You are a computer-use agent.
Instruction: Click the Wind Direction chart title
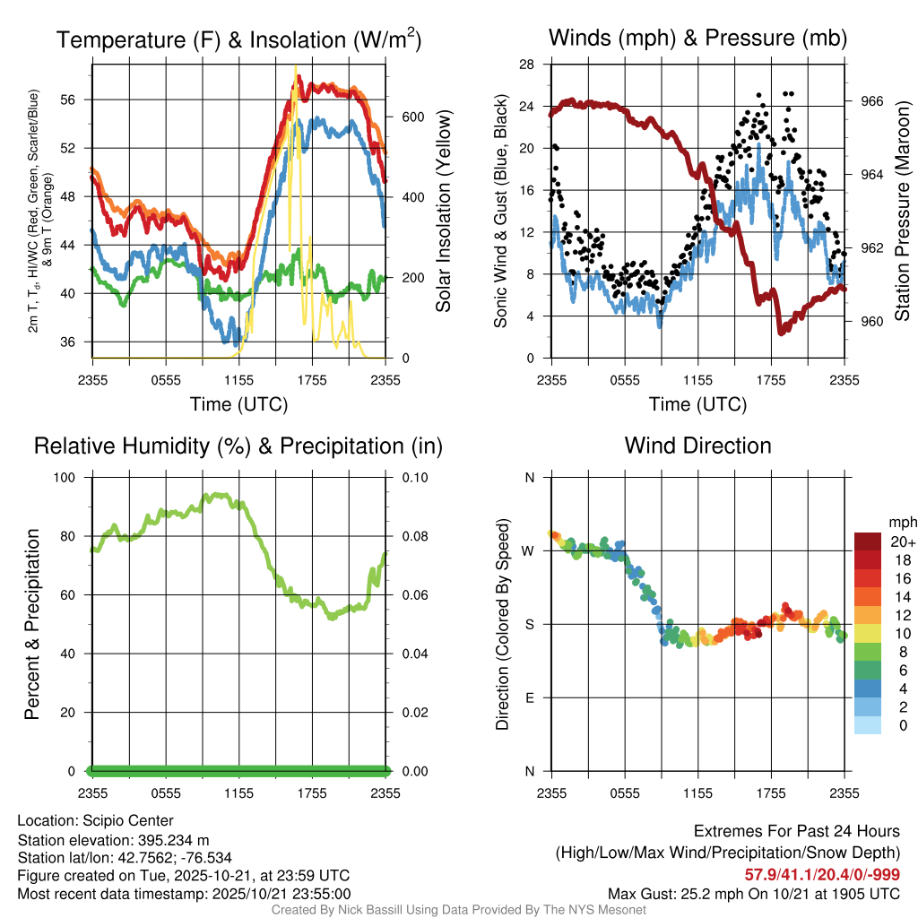tap(697, 446)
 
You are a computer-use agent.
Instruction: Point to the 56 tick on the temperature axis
tap(77, 100)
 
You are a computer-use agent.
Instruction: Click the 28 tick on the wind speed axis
tap(526, 65)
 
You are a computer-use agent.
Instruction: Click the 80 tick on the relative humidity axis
tap(76, 536)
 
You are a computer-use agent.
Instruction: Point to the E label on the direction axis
tap(529, 697)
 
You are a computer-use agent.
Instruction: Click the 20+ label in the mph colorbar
tap(901, 542)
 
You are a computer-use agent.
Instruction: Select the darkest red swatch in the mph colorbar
tap(867, 541)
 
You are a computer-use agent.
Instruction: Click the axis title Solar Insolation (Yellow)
tap(443, 212)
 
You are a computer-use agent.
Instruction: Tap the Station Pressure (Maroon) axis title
tap(902, 212)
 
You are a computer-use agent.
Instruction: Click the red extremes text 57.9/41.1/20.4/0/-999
tap(822, 874)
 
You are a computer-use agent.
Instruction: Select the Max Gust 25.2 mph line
tap(753, 893)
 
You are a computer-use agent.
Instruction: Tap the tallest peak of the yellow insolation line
tap(295, 67)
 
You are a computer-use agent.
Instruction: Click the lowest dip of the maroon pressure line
tap(781, 332)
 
